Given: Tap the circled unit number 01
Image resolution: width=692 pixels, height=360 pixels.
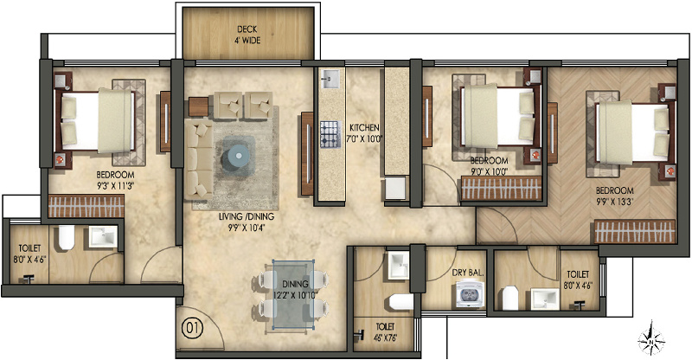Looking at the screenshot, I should (x=193, y=329).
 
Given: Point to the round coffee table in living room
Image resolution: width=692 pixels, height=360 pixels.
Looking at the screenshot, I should (x=236, y=157).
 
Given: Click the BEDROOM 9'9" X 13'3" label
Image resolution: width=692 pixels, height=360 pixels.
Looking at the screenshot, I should (x=614, y=195).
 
